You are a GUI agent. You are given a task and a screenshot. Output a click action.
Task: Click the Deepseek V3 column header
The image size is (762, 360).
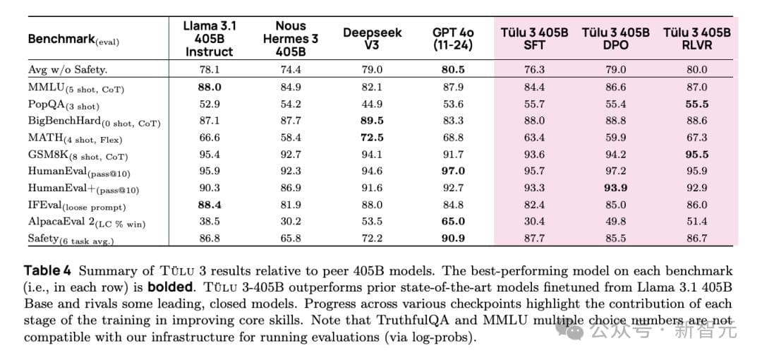point(372,39)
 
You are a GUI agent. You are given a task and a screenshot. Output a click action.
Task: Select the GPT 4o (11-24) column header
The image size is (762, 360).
point(453,39)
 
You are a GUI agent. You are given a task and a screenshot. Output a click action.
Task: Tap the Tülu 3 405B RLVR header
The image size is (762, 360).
point(696,39)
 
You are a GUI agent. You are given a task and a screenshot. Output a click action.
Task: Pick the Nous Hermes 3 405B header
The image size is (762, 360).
point(290,39)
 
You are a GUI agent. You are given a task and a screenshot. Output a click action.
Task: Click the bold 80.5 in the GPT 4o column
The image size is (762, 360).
point(453,69)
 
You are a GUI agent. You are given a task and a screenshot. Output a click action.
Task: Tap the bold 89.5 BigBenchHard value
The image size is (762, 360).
point(372,121)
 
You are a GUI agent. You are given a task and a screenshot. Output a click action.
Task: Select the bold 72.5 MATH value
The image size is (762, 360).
point(372,138)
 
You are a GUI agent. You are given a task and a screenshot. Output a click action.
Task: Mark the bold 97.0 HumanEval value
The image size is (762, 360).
point(453,171)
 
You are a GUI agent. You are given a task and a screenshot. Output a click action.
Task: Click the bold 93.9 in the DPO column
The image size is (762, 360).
point(615,188)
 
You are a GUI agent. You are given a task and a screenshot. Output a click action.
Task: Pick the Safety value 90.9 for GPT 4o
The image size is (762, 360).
point(453,239)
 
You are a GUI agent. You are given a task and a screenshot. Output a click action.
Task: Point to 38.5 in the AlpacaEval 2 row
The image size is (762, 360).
point(210,222)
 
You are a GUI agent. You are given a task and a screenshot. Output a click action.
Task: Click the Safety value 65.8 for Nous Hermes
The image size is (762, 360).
point(290,239)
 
